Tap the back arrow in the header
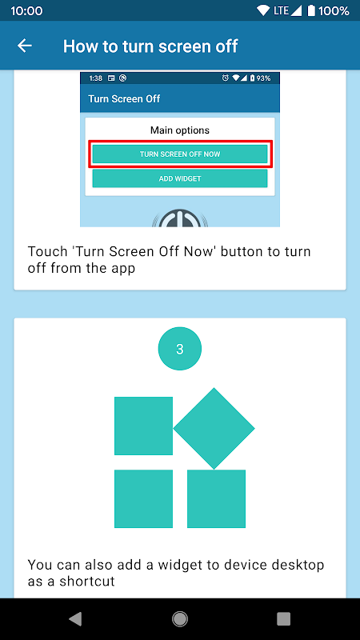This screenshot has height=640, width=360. [x=25, y=46]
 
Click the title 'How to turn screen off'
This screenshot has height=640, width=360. [x=150, y=46]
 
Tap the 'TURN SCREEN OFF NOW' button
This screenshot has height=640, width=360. [x=180, y=154]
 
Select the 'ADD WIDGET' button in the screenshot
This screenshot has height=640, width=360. [x=180, y=178]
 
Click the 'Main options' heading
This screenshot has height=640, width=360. [x=180, y=130]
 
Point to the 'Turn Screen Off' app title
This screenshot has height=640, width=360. [x=124, y=98]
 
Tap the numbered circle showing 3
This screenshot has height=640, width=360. [x=179, y=349]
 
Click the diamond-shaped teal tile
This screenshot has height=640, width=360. [x=214, y=429]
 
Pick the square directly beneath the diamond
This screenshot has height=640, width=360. [x=216, y=498]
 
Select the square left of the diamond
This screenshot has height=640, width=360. [x=143, y=426]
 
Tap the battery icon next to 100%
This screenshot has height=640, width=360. [x=311, y=10]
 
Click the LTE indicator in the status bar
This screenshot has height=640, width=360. [x=282, y=10]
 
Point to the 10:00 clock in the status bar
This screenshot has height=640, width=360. [x=26, y=10]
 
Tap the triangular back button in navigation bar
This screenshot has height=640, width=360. [x=75, y=618]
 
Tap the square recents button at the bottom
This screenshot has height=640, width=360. [x=283, y=618]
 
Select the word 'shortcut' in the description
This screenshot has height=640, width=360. [x=87, y=582]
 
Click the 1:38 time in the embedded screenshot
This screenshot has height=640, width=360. [x=95, y=78]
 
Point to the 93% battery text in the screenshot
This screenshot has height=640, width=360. [x=263, y=78]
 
